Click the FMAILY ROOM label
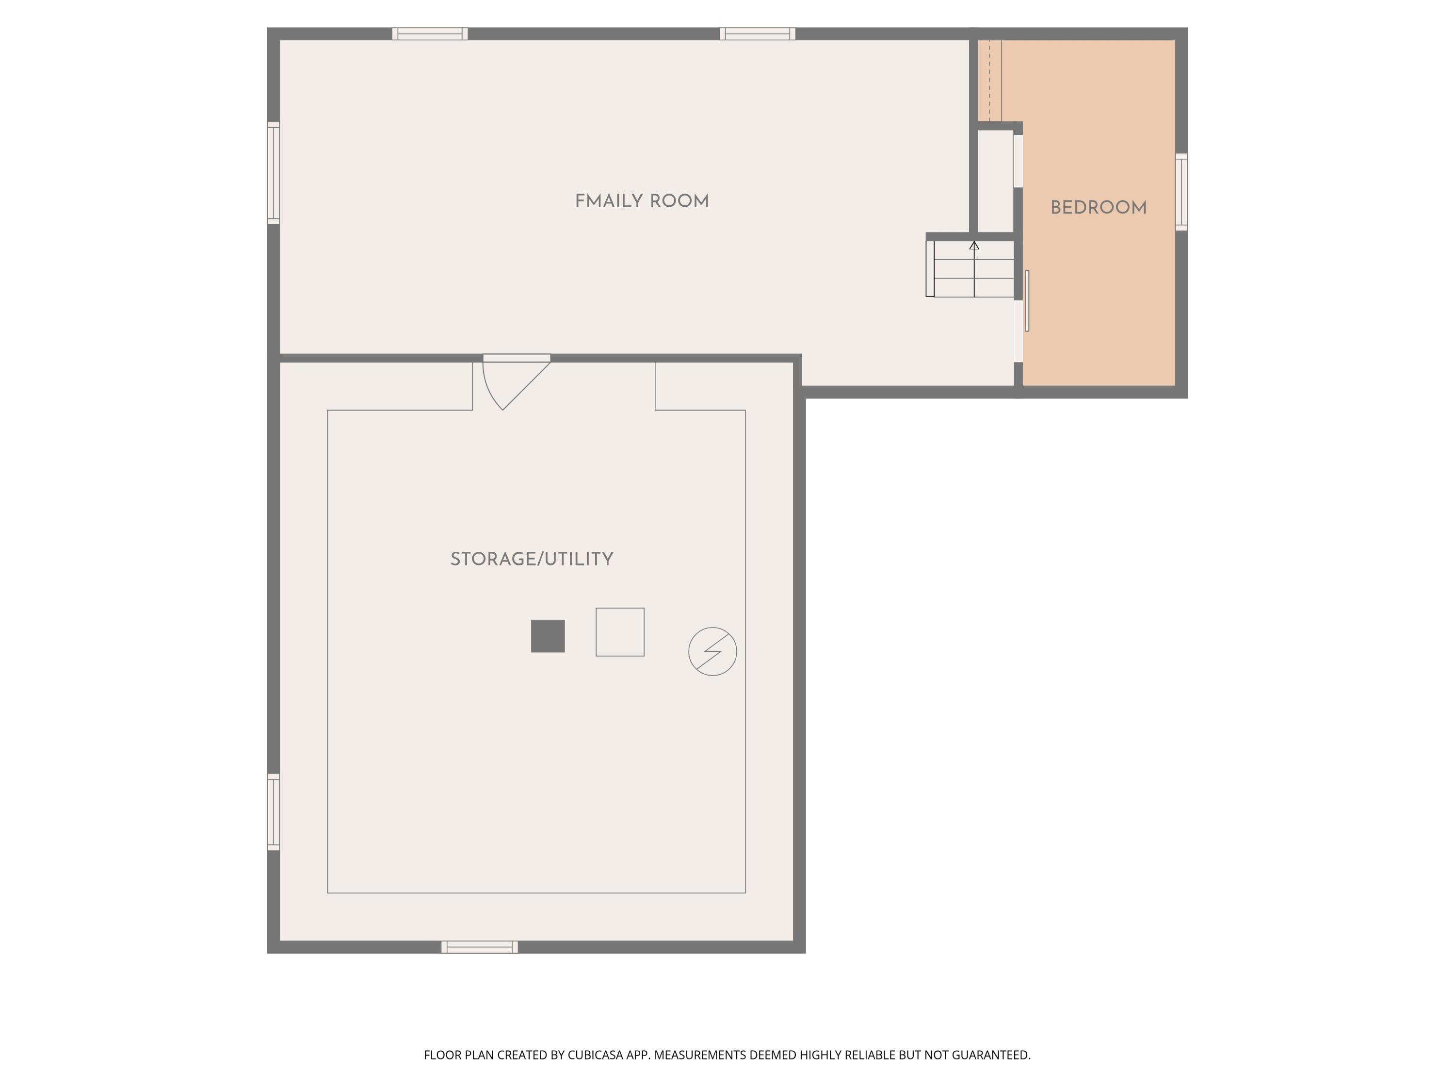click(642, 201)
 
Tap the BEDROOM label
click(1099, 208)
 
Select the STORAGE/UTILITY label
click(532, 560)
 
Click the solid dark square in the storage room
click(548, 636)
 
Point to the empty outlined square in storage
click(620, 632)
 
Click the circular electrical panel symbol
click(712, 651)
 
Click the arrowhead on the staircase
click(974, 246)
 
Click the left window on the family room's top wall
click(430, 33)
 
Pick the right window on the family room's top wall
click(757, 33)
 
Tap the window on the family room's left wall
click(274, 172)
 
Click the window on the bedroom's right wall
click(1181, 192)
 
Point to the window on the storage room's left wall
click(274, 812)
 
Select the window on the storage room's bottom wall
click(480, 947)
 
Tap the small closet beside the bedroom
click(995, 181)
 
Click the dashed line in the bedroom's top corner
click(989, 80)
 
